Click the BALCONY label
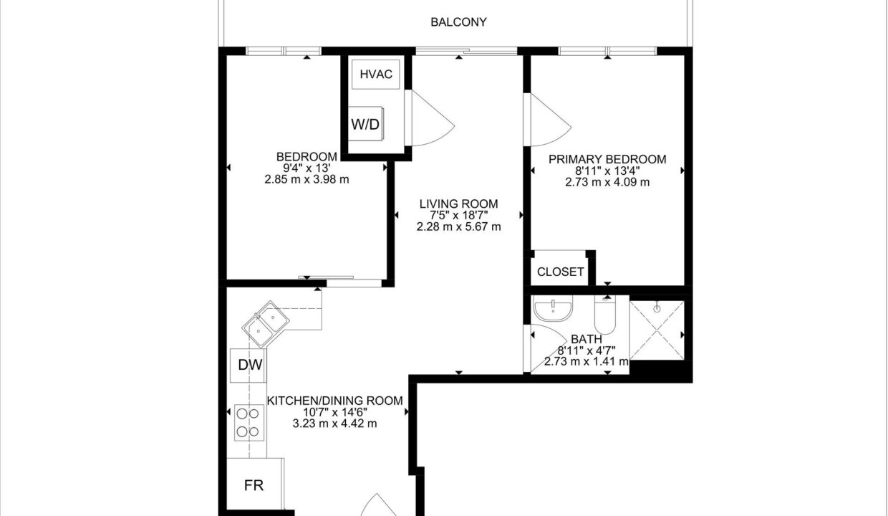458,22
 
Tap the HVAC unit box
375,74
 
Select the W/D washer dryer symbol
365,123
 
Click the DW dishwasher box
248,365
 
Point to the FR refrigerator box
255,484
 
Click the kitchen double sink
266,324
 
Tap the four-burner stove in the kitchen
249,422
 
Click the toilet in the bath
605,315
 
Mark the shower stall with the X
657,330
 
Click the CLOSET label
560,272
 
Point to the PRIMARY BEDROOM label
607,159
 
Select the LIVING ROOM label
458,204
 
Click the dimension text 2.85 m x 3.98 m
307,180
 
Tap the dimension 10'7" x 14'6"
335,413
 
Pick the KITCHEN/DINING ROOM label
335,401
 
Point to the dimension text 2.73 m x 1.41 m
586,362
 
